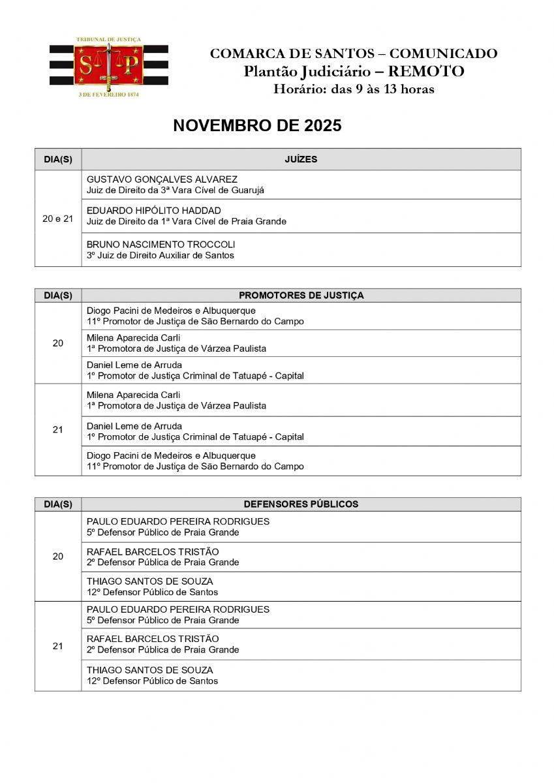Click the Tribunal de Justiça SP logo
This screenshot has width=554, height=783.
pyautogui.click(x=108, y=67)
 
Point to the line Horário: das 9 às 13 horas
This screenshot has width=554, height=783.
pyautogui.click(x=353, y=89)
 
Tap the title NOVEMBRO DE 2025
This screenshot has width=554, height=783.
pyautogui.click(x=257, y=126)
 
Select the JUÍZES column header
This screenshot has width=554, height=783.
pyautogui.click(x=301, y=159)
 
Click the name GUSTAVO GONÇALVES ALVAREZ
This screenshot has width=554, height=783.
pyautogui.click(x=162, y=179)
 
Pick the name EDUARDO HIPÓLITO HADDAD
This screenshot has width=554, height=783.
pyautogui.click(x=153, y=211)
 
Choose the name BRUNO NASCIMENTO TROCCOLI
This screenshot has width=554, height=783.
pyautogui.click(x=161, y=245)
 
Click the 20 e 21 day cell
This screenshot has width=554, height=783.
pyautogui.click(x=58, y=219)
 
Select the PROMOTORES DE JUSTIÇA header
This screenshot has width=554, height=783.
pyautogui.click(x=301, y=296)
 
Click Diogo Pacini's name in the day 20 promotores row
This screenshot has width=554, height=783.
pyautogui.click(x=171, y=311)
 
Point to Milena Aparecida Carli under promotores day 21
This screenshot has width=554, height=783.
pyautogui.click(x=133, y=395)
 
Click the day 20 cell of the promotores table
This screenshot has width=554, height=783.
pyautogui.click(x=58, y=343)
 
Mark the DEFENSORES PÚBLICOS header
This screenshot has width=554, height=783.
pyautogui.click(x=301, y=504)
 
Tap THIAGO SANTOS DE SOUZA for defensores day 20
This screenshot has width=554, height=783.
pyautogui.click(x=149, y=581)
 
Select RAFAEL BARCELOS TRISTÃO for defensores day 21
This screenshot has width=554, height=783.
pyautogui.click(x=153, y=639)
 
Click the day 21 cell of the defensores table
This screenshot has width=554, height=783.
pyautogui.click(x=58, y=646)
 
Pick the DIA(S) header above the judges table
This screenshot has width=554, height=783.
pyautogui.click(x=58, y=159)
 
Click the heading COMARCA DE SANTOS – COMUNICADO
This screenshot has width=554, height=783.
pyautogui.click(x=353, y=54)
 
